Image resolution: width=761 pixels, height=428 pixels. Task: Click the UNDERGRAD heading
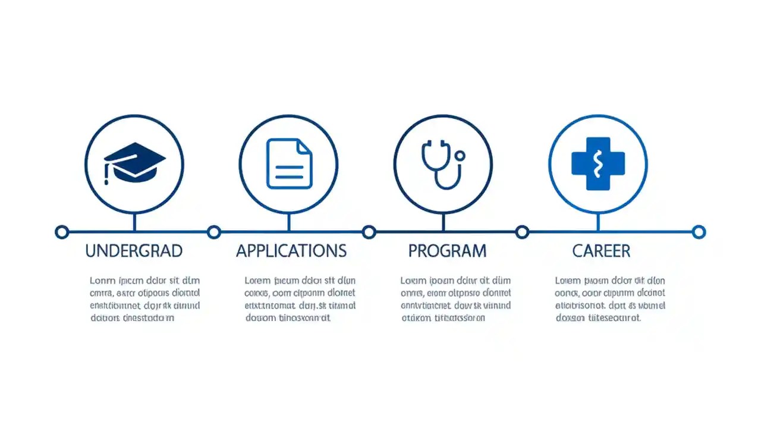[x=134, y=251]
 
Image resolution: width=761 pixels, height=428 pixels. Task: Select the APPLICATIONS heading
[x=291, y=251]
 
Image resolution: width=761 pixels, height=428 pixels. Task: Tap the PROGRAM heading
[x=447, y=251]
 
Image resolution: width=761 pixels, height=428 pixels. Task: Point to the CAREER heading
[x=601, y=251]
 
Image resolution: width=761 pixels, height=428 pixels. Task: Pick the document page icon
[x=289, y=163]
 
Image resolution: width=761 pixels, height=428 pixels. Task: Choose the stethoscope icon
[x=443, y=164]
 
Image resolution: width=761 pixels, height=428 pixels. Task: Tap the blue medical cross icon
[x=598, y=163]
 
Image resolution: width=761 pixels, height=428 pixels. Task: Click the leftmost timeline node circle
[x=61, y=232]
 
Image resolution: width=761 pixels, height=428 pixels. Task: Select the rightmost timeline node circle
[x=699, y=232]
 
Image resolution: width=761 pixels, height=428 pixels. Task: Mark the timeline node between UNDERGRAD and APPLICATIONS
[x=214, y=232]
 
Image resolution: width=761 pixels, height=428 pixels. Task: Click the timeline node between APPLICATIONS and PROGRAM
[x=369, y=232]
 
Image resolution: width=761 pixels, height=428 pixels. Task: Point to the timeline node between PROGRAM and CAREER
[x=522, y=232]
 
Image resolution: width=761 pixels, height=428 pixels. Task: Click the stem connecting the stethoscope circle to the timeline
[x=443, y=222]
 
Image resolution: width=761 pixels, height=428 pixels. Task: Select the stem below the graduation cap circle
[x=134, y=222]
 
